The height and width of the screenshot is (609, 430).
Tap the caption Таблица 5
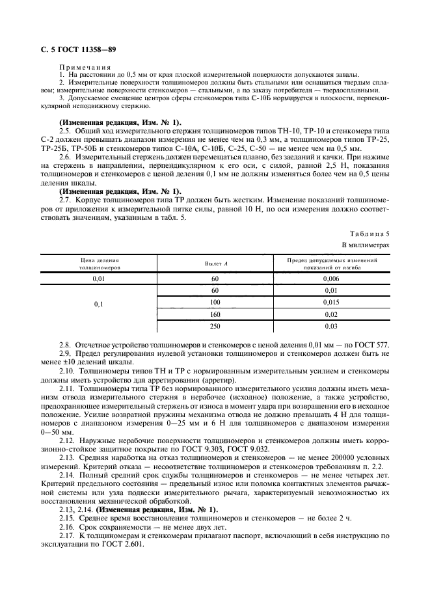[x=371, y=232]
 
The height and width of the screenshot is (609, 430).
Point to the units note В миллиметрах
[x=365, y=245]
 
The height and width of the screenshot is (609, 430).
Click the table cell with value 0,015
[x=331, y=302]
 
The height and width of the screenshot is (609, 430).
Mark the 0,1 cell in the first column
[x=99, y=303]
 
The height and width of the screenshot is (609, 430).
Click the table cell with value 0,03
[x=331, y=326]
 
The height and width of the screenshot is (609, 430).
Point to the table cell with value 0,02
[x=331, y=314]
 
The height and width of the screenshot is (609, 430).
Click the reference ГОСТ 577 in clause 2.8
[x=373, y=344]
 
